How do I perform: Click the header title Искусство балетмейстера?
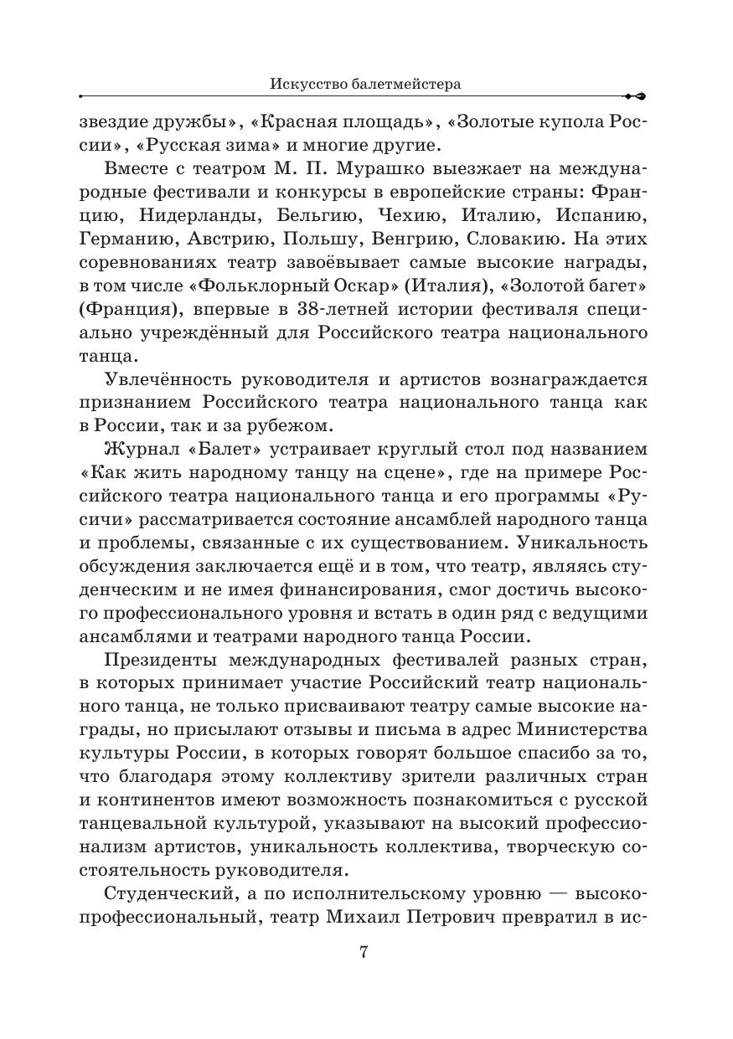366,84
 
